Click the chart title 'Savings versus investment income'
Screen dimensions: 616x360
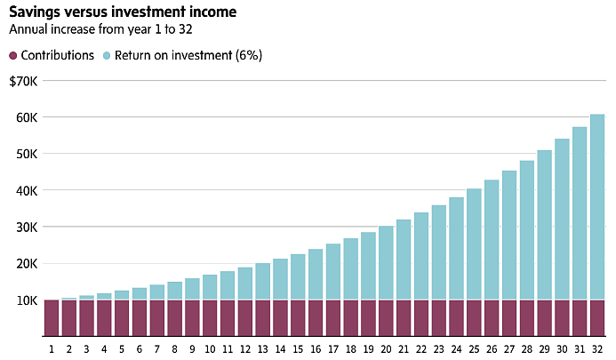pos(123,12)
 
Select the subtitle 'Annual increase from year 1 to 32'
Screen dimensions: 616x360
pos(100,29)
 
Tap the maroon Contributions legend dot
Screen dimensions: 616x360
pos(13,55)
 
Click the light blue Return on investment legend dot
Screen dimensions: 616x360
pos(107,55)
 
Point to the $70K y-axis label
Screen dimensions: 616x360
pos(24,82)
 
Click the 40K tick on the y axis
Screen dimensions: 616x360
pos(27,191)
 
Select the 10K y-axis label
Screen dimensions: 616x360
pos(27,301)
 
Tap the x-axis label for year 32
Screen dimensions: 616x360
pos(597,349)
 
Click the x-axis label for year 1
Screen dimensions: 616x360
pos(52,349)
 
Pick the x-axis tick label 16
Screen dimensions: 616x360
pos(316,349)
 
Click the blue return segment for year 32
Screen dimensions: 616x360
pos(597,207)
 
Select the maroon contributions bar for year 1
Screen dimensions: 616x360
pos(52,318)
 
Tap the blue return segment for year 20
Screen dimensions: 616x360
pos(386,263)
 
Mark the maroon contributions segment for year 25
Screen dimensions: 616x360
pos(474,318)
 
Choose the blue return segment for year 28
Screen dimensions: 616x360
pos(527,231)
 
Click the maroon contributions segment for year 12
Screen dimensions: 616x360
pos(245,318)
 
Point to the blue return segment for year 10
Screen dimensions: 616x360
pos(210,288)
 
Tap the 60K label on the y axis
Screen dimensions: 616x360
pos(27,118)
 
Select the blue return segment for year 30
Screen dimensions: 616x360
pos(562,220)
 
